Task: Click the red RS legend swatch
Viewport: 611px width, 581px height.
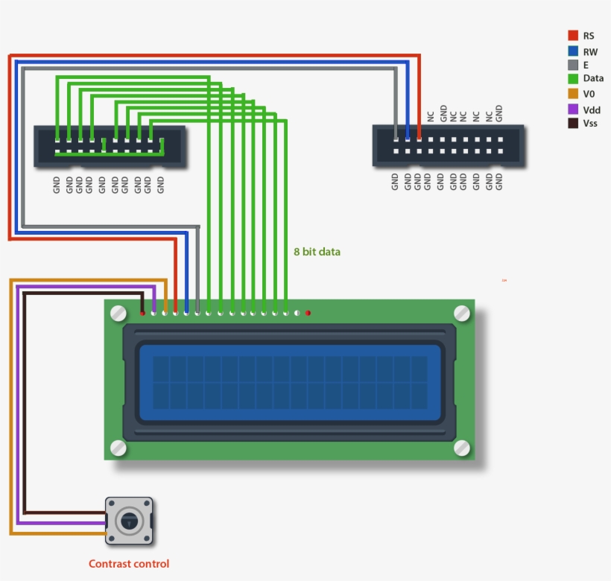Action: click(573, 35)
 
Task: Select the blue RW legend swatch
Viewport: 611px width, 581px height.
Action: click(573, 51)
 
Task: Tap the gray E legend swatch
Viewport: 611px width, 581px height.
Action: click(573, 65)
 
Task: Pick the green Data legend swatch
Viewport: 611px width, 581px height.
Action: click(573, 78)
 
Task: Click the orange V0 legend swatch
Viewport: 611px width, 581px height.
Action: click(573, 94)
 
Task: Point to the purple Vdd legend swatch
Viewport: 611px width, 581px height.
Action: click(573, 109)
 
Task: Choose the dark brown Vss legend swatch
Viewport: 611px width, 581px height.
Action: click(573, 123)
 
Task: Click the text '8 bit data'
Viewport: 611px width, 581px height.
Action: click(317, 252)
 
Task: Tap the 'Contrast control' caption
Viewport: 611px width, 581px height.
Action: click(129, 564)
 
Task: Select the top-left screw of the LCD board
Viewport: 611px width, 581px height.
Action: click(118, 314)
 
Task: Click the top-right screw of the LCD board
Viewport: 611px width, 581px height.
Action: click(462, 313)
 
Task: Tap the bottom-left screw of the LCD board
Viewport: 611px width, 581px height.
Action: click(118, 447)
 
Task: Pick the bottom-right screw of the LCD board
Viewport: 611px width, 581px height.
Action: click(462, 448)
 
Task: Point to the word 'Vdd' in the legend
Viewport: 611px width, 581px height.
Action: click(592, 109)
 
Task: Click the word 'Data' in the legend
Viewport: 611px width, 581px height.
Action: click(593, 78)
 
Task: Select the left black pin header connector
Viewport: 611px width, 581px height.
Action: click(110, 146)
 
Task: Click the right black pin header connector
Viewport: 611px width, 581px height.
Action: click(449, 146)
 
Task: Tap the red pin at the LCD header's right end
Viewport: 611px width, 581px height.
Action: click(308, 313)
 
